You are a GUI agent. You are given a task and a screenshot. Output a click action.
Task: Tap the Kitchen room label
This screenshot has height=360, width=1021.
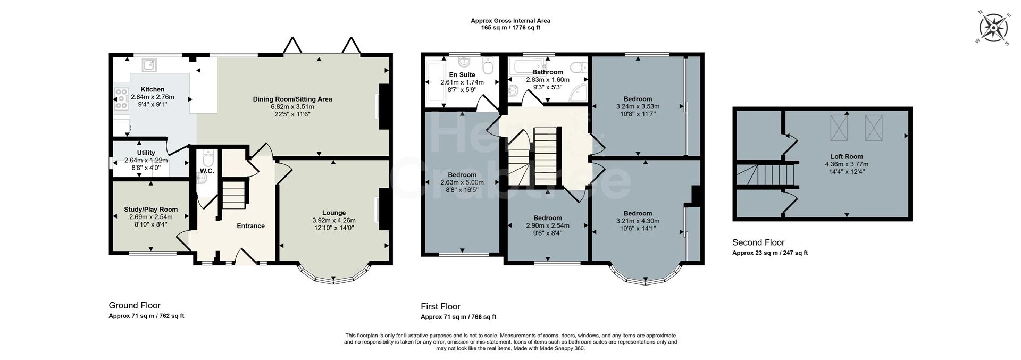pos(153,89)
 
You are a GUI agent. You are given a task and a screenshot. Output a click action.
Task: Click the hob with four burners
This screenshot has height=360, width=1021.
pos(121,98)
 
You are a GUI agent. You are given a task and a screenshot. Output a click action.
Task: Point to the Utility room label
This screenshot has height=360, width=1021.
pos(146,153)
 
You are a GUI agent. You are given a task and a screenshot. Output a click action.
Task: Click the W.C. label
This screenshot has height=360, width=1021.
pos(207,171)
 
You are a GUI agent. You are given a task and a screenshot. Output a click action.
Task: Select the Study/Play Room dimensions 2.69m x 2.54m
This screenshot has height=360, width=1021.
pos(150,217)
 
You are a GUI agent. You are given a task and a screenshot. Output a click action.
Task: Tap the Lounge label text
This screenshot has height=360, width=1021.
pos(334,213)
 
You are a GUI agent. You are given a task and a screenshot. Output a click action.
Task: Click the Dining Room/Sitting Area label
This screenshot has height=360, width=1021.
pos(292,99)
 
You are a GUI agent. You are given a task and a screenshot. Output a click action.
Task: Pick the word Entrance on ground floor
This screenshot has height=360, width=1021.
pos(250,226)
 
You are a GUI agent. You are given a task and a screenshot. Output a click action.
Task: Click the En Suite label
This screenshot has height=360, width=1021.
pos(462,75)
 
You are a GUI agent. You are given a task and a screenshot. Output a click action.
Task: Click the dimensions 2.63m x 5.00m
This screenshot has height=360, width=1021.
pos(462,182)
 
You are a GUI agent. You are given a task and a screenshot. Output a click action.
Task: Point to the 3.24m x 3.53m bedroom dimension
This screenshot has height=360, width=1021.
pos(638,106)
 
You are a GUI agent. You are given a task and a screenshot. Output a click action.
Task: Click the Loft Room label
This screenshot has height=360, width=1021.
pos(847,157)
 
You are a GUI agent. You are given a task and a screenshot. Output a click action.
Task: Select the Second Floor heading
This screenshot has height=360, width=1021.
pos(758,242)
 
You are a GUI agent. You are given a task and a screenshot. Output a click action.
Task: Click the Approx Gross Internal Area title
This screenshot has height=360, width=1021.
pos(510,21)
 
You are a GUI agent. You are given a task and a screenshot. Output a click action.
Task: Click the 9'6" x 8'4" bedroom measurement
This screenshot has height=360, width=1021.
pos(548,233)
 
